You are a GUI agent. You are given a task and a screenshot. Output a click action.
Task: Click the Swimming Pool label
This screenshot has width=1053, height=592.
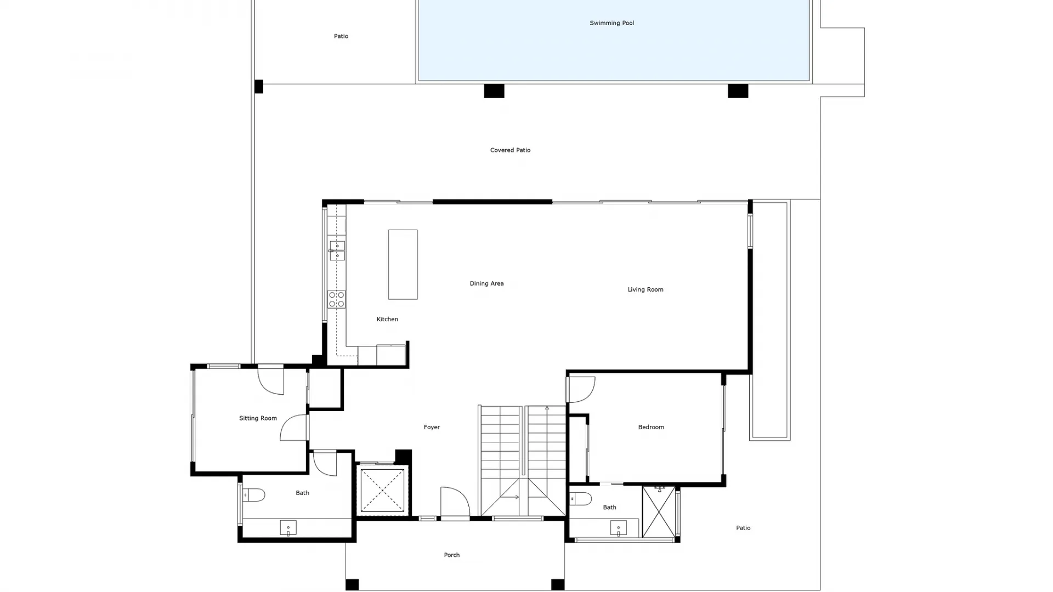pos(612,23)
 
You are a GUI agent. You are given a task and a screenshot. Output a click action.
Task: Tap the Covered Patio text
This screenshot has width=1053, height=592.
pos(510,150)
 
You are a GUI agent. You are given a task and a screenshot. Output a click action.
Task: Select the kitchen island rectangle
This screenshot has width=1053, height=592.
pos(403,264)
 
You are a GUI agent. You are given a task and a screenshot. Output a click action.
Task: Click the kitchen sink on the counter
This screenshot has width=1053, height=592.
pos(337,251)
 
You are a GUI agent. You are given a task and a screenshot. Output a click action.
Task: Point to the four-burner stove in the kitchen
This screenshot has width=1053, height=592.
pos(337,299)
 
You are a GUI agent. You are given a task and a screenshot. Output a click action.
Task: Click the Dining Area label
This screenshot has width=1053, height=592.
pos(486,283)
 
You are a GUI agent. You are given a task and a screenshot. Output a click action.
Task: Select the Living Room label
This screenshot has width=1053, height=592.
pos(645,289)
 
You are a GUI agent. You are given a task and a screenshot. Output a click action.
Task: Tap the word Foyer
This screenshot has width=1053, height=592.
pos(432,427)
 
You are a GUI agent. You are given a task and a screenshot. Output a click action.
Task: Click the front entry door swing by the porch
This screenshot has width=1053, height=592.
pos(454,501)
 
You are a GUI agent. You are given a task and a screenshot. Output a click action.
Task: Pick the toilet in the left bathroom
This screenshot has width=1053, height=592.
pos(253,495)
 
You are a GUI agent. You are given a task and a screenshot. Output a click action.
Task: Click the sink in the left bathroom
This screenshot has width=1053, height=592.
pos(288,528)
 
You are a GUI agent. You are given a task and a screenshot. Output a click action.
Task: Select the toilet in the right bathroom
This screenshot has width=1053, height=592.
pos(581,499)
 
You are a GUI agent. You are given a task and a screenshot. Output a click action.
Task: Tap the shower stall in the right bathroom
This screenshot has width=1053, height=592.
pos(659,512)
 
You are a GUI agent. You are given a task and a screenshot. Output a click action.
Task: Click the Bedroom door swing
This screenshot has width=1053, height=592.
pos(581,389)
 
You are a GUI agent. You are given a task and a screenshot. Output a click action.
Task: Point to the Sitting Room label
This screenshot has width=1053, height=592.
pos(258,418)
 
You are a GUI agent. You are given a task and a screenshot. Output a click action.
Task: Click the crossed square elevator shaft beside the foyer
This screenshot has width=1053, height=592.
pos(382,490)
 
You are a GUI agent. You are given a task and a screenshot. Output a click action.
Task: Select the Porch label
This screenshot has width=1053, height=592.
pos(451,555)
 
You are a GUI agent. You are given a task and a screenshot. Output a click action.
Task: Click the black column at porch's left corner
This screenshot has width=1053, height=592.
pos(352,584)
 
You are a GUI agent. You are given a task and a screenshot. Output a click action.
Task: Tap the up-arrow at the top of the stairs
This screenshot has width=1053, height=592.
pos(547,408)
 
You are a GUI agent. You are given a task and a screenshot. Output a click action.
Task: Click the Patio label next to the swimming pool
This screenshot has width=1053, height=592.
pos(341,36)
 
